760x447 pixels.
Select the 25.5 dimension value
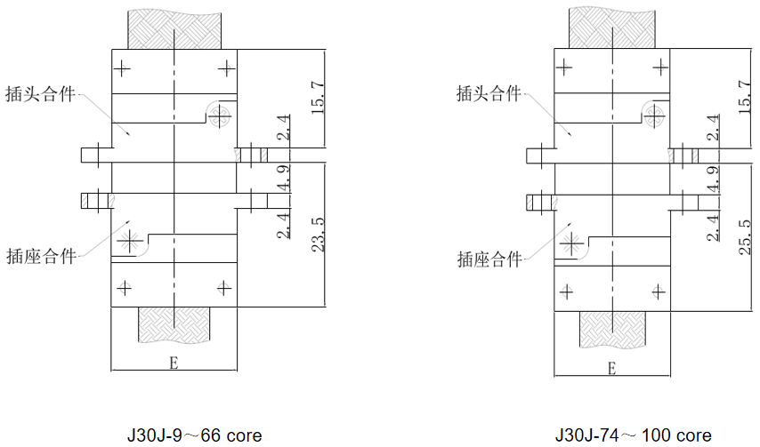[745, 234]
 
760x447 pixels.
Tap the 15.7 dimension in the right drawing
[745, 97]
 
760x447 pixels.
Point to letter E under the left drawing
[174, 363]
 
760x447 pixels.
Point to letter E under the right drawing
[611, 368]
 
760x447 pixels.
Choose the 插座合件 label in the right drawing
[489, 259]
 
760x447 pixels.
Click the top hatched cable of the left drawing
[175, 28]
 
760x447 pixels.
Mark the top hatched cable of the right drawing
[612, 28]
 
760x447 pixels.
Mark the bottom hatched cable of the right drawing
[612, 331]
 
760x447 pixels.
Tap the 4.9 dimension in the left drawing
[282, 175]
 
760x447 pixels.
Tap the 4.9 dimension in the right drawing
[711, 175]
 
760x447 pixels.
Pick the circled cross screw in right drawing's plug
[654, 114]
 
